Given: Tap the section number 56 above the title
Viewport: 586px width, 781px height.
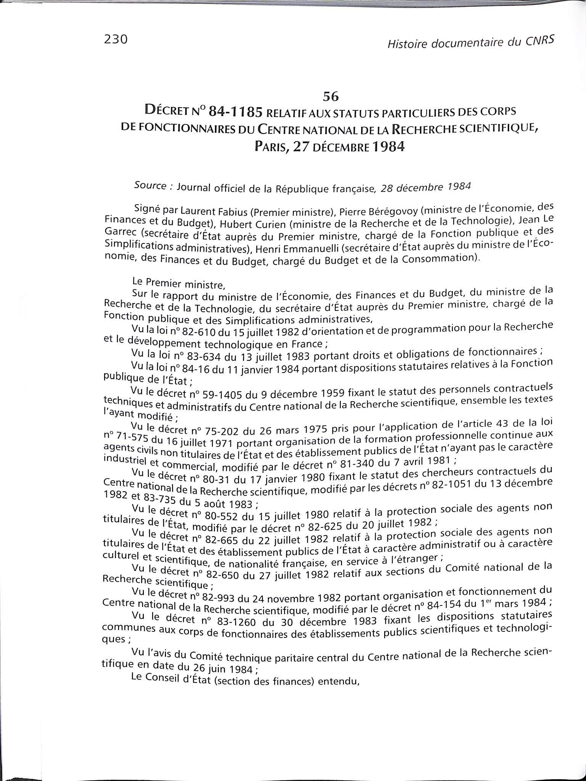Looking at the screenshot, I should [x=330, y=97].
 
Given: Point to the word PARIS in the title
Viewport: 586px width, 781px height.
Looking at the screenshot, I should [x=272, y=147].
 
